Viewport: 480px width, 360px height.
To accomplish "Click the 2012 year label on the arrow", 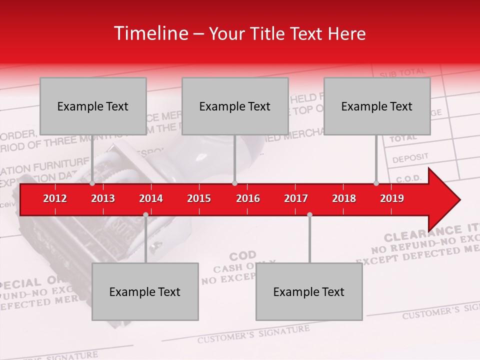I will (x=55, y=198).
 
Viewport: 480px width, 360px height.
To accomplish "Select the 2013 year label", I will (x=103, y=198).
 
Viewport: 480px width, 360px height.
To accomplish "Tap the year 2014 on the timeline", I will (x=151, y=198).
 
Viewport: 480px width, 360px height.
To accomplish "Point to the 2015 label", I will (x=199, y=198).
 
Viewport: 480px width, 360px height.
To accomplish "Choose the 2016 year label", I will (x=248, y=198).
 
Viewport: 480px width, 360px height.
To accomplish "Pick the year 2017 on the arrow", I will (x=296, y=198).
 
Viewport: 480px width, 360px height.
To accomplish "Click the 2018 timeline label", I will (x=344, y=198).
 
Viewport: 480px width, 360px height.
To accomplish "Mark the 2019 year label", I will (x=392, y=198).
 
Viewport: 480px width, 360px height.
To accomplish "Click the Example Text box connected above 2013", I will (x=93, y=106).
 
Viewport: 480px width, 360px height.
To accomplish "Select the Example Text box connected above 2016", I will (x=235, y=106).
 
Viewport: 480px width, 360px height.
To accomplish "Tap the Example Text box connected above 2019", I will (x=377, y=106).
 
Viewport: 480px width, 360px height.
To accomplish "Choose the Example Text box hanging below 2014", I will (x=145, y=291).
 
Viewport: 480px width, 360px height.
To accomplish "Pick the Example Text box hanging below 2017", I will (x=309, y=291).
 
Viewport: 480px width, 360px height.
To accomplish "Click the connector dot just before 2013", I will (x=92, y=183).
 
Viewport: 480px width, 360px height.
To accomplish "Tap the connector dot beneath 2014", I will (x=145, y=214).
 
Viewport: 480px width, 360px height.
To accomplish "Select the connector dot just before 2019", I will (x=376, y=183).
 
